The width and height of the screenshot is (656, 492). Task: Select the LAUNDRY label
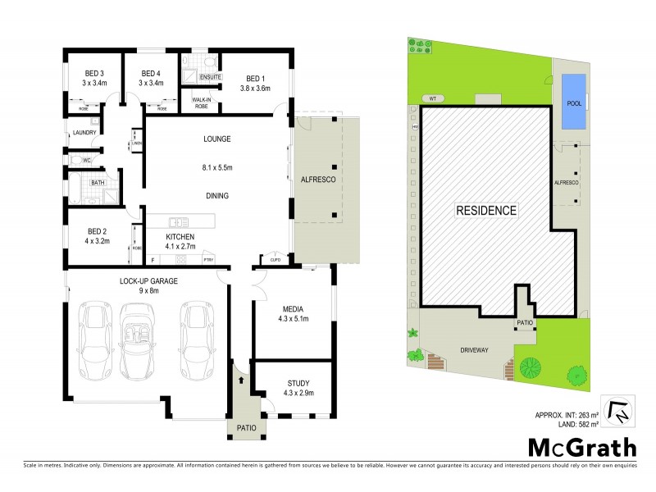(84, 133)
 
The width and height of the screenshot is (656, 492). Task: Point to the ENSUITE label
(210, 77)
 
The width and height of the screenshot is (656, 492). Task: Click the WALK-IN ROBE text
(203, 102)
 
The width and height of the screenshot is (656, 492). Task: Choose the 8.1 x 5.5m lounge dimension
(217, 167)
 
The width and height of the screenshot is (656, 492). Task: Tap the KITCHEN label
(179, 237)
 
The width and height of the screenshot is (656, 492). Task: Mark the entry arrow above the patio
(241, 379)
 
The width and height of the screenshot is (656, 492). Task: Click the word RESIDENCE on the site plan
(486, 211)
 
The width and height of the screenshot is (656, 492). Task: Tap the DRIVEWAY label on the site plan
(474, 350)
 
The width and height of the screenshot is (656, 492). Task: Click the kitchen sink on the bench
(179, 221)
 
